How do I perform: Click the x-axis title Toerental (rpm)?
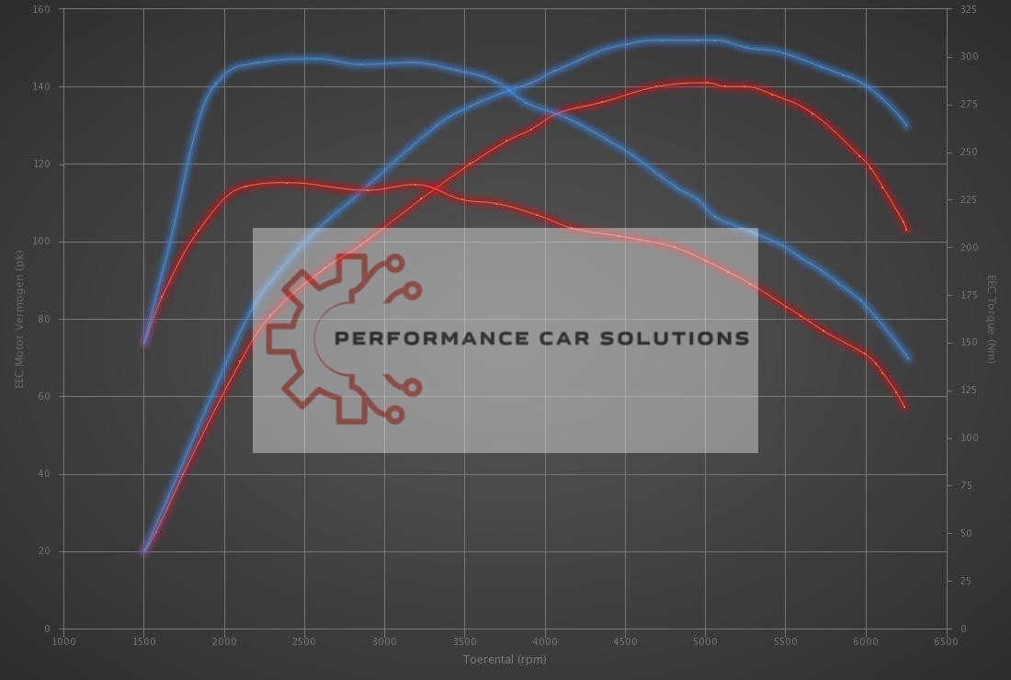pos(504,659)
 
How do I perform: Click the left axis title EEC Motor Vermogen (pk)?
pos(19,319)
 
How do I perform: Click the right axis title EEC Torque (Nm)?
pos(992,319)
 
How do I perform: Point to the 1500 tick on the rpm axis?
pos(143,641)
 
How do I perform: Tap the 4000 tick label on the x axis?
pos(545,641)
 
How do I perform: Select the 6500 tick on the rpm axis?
pos(946,641)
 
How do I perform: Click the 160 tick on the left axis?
pos(42,9)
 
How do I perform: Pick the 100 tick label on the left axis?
pos(42,242)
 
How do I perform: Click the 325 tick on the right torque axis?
pos(969,9)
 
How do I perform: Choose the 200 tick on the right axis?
pos(969,248)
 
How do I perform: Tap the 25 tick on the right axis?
pos(965,582)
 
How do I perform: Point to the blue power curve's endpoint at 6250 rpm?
pos(906,125)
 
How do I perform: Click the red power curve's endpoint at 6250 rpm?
pos(906,229)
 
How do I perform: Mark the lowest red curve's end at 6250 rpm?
pos(905,407)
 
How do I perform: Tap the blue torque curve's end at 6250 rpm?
pos(908,358)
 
